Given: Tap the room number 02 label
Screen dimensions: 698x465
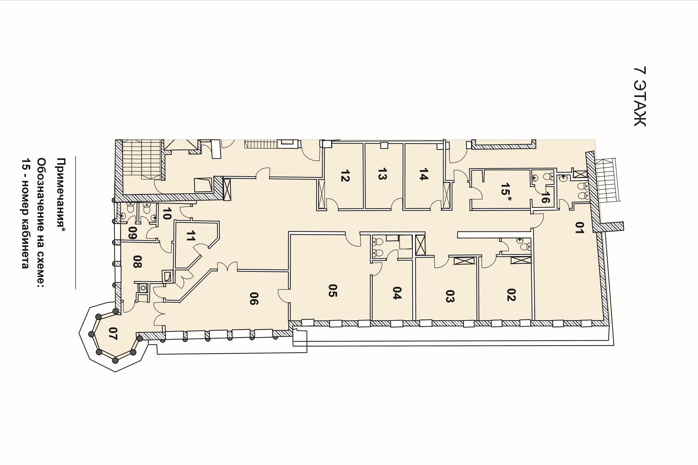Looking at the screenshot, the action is click(511, 294).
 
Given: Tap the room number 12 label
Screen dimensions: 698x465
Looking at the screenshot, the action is click(345, 176).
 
